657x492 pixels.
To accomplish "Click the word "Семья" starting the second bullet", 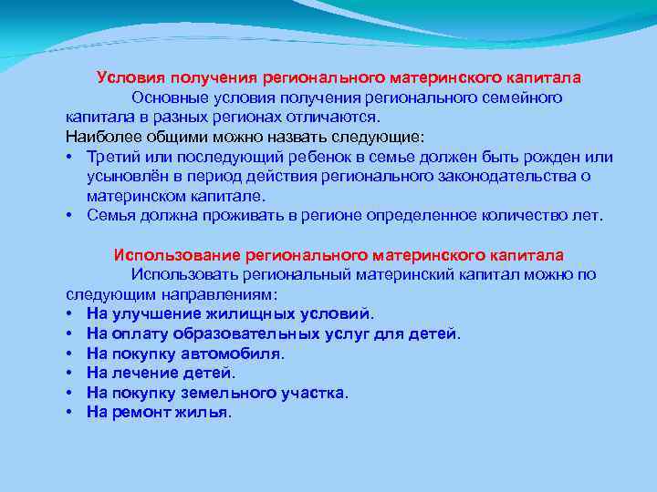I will (x=109, y=215).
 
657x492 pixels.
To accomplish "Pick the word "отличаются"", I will (x=338, y=118).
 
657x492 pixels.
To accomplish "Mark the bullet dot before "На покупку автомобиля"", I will (x=70, y=354).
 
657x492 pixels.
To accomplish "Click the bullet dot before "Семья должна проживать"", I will (x=70, y=216).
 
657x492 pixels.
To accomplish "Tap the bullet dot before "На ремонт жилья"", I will (x=70, y=413).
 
